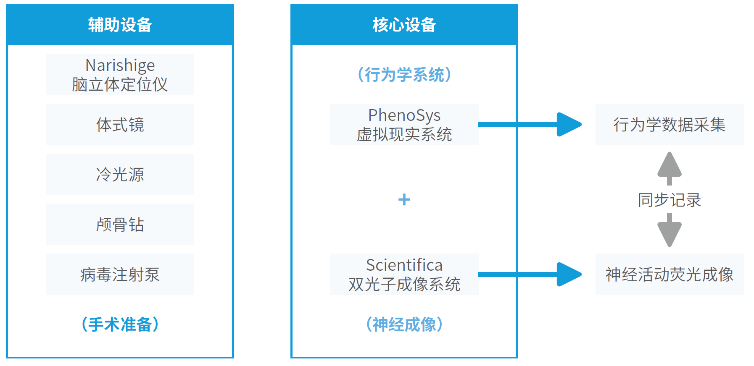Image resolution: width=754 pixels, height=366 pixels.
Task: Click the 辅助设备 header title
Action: point(120,25)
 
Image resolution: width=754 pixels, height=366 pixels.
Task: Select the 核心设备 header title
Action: point(404,25)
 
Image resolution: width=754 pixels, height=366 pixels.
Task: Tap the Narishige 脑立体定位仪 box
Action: point(120,74)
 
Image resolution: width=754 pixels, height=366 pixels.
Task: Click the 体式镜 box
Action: point(120,124)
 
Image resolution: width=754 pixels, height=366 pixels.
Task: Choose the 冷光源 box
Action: point(120,174)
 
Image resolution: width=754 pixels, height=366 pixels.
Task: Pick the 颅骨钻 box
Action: point(120,224)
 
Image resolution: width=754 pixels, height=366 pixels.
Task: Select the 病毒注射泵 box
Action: point(120,274)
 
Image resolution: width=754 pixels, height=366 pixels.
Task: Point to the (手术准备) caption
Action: point(120,324)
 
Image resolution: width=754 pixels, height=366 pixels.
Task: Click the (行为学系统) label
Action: point(404,75)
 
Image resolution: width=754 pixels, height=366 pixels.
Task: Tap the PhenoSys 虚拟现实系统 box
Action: point(404,124)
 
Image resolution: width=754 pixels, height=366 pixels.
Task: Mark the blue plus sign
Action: point(404,199)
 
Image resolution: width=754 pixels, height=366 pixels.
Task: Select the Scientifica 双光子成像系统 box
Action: point(404,274)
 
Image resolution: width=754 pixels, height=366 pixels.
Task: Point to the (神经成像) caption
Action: point(404,324)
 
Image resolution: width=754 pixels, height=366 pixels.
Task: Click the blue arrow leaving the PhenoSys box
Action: point(530,124)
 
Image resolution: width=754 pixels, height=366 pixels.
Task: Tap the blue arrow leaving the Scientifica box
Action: point(530,274)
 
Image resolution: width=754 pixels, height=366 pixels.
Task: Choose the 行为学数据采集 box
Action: point(670,124)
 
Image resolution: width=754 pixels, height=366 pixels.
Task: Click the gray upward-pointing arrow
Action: point(670,168)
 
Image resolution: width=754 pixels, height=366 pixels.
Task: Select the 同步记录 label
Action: point(670,200)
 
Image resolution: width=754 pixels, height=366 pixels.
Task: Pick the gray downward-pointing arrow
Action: point(670,230)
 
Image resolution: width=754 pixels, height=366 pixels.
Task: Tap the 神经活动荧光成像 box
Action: point(670,274)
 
